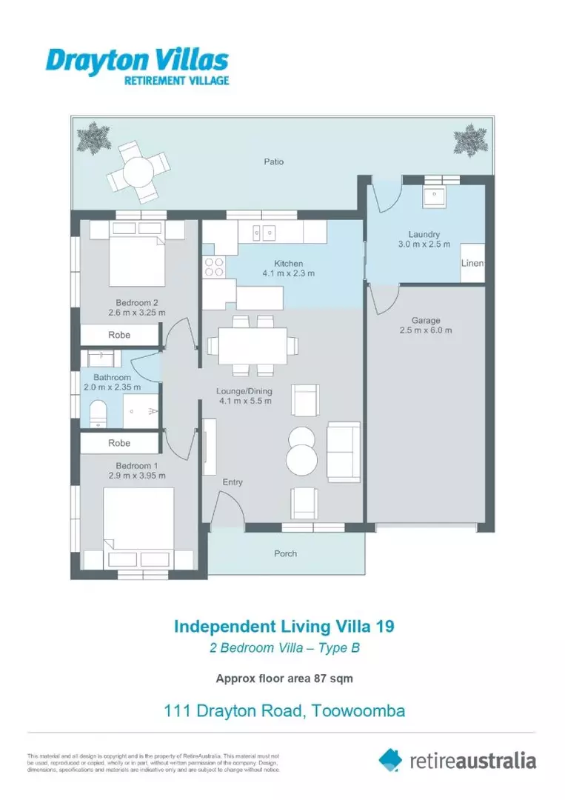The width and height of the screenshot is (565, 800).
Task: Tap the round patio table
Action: pos(138,173)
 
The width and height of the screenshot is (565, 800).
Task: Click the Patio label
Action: pos(273,161)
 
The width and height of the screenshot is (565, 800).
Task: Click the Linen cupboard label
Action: pos(472,264)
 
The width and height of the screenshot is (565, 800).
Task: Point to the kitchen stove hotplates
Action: pos(213,267)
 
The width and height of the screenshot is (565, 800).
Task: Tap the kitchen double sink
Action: pos(263,233)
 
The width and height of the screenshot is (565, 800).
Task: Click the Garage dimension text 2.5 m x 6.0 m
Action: pos(426,330)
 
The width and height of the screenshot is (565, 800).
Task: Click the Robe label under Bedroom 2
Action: pos(119,335)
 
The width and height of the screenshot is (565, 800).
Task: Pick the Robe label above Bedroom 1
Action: pos(119,443)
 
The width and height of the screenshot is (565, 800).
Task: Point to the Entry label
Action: pos(233,482)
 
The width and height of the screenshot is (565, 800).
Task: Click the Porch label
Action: pos(285,553)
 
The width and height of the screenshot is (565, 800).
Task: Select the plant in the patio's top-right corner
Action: pos(468,139)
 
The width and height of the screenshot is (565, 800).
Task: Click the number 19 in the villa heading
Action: pos(384,626)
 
